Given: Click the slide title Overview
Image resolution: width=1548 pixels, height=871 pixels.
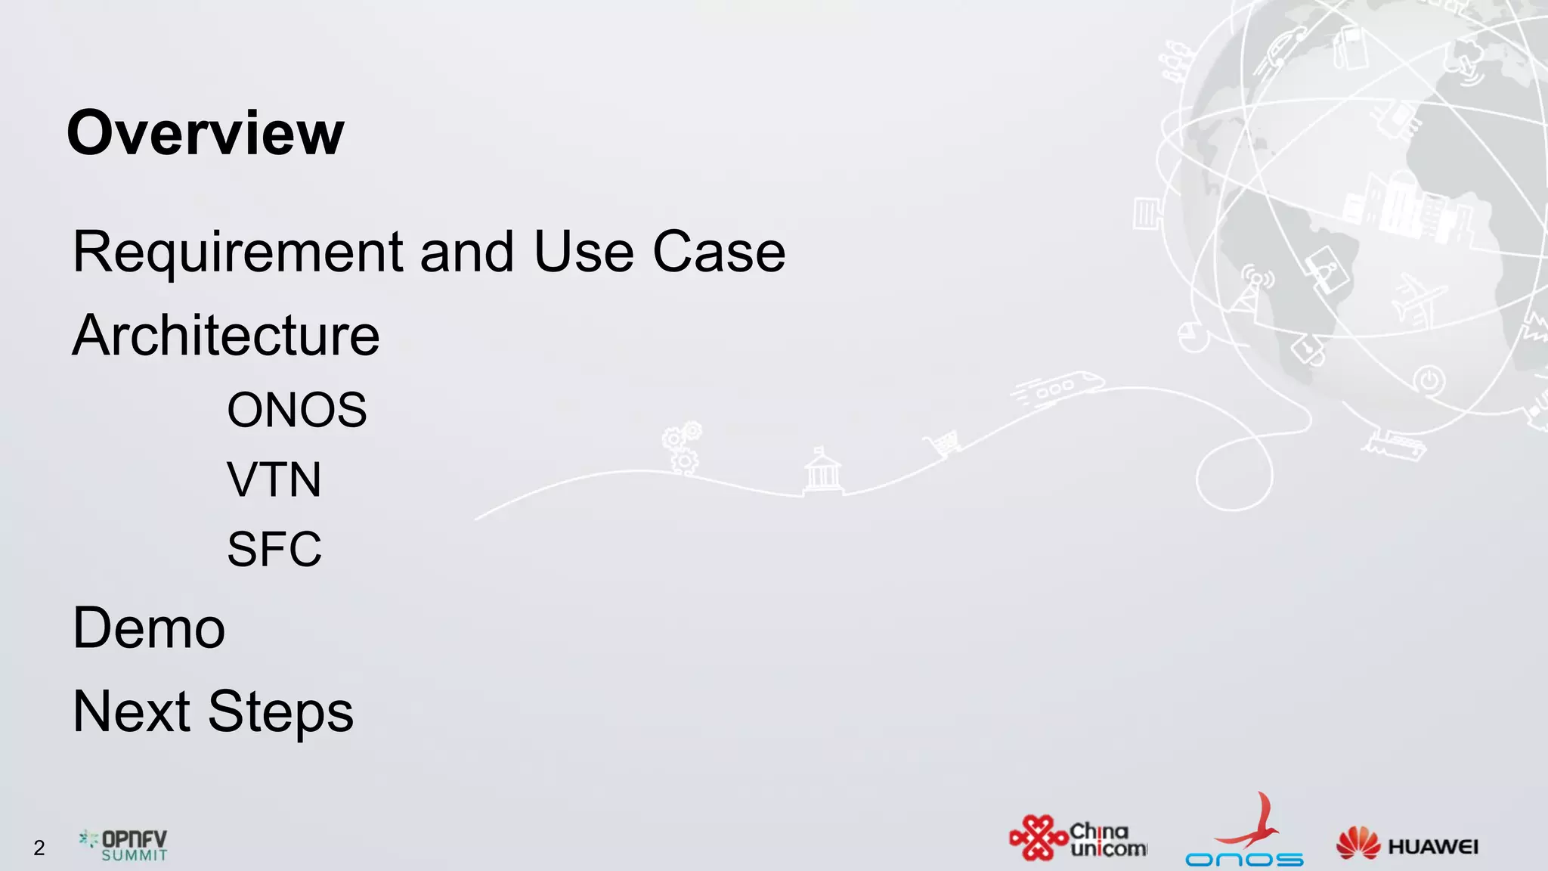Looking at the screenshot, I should [205, 133].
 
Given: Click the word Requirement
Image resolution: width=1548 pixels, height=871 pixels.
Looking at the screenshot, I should [237, 253].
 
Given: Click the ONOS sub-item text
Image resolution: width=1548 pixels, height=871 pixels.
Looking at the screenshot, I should [296, 410].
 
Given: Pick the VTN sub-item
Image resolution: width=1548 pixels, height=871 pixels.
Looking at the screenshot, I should [274, 479].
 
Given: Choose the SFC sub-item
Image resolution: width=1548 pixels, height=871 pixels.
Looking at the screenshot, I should [274, 549].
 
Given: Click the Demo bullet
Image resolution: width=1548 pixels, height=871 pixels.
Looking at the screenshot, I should [149, 628].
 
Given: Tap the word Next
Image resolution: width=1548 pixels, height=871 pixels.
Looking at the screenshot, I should [131, 711].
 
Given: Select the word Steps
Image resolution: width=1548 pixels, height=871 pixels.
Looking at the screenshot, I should [280, 713].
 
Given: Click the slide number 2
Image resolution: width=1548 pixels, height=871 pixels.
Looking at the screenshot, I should [39, 848].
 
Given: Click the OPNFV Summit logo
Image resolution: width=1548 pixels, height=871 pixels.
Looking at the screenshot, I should [124, 845].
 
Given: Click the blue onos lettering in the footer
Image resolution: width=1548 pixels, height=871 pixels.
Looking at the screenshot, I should [1244, 860].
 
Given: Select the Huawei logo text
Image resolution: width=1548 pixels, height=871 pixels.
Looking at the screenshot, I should [1433, 847].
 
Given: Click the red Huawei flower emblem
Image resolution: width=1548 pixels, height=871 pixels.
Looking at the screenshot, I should [1358, 843].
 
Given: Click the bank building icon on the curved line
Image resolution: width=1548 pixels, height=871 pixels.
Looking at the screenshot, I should [822, 471].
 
